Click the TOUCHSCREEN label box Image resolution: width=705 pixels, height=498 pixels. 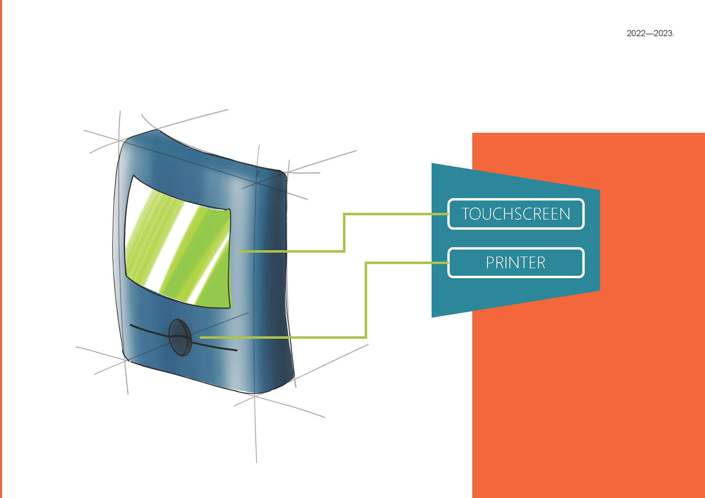click(516, 214)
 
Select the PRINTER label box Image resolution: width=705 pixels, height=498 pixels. click(516, 263)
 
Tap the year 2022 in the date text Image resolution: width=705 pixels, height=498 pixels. click(636, 33)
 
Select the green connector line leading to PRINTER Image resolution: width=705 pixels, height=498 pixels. click(366, 301)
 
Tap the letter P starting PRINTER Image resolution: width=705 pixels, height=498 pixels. click(490, 263)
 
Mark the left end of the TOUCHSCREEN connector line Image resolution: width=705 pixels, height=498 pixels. click(241, 251)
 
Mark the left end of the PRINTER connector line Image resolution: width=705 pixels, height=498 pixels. click(201, 337)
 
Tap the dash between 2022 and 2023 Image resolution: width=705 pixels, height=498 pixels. click(650, 33)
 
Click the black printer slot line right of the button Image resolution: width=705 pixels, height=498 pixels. click(217, 347)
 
